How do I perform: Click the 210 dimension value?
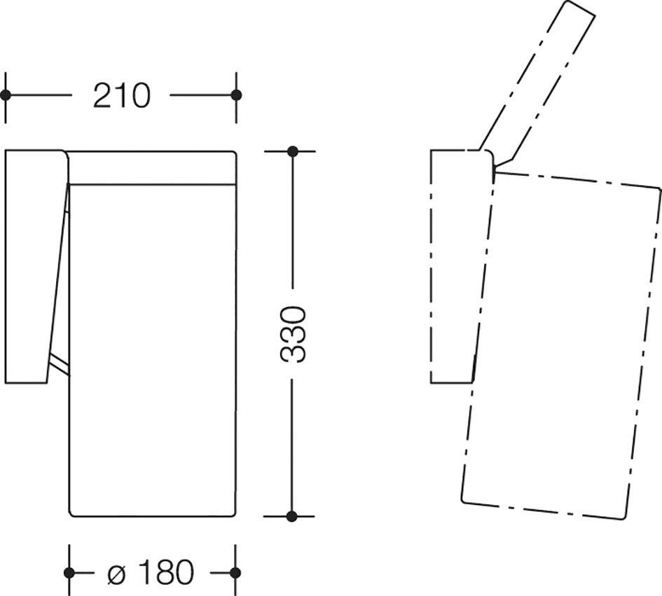(121, 95)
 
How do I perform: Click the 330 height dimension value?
(292, 334)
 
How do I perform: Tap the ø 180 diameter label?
(151, 573)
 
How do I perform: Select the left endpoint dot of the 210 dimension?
(6, 95)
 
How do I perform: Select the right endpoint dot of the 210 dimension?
(237, 95)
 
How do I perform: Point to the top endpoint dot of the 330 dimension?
(292, 151)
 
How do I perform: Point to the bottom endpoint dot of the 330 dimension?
(291, 515)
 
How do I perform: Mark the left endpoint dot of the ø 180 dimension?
(69, 573)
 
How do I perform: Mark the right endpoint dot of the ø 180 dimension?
(236, 573)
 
